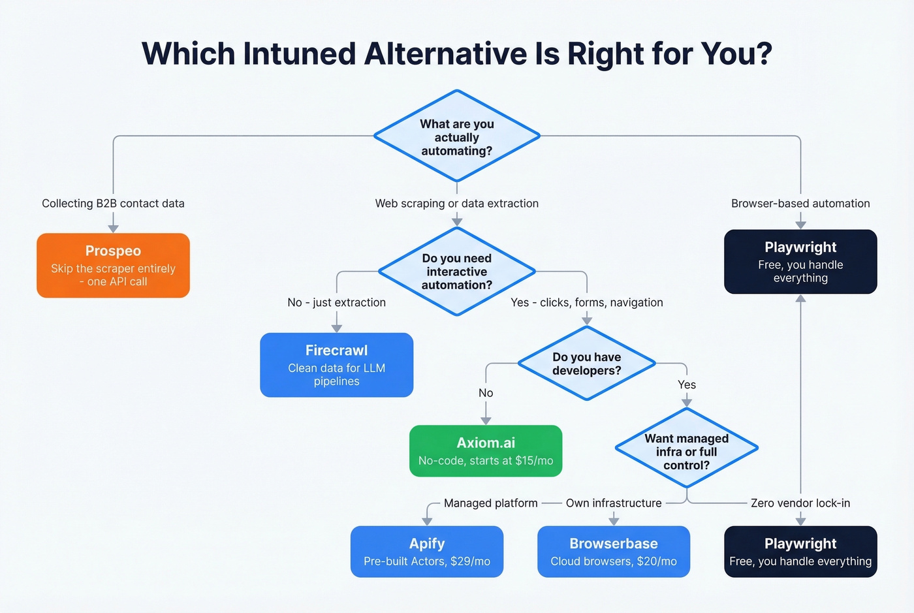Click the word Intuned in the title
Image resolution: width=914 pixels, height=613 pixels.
click(299, 54)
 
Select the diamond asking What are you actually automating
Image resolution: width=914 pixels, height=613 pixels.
click(457, 136)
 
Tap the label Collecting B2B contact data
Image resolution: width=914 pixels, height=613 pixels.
click(113, 204)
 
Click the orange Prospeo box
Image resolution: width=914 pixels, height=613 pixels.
click(113, 266)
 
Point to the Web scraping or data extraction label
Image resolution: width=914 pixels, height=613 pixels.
click(457, 204)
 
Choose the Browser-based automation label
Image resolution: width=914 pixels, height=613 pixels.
click(800, 204)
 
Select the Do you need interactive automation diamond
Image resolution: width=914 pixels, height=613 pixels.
click(457, 272)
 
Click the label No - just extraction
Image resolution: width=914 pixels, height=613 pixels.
click(336, 303)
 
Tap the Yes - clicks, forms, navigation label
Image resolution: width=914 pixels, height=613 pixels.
click(586, 303)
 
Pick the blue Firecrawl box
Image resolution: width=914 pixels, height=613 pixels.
click(336, 365)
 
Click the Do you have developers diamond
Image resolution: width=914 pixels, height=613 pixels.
click(586, 364)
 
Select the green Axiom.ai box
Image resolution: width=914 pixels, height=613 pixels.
click(486, 451)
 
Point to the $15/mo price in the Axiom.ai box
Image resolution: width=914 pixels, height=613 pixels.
click(534, 461)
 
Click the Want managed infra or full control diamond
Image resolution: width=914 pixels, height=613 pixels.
click(686, 451)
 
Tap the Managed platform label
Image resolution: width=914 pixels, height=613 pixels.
click(490, 503)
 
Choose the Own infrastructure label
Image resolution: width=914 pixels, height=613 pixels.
click(614, 503)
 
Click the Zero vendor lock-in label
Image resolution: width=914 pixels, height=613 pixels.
click(800, 503)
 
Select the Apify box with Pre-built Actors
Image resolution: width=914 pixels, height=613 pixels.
click(427, 552)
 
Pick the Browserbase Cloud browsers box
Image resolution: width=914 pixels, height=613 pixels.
click(614, 552)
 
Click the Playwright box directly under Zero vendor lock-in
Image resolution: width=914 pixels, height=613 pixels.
click(800, 552)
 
